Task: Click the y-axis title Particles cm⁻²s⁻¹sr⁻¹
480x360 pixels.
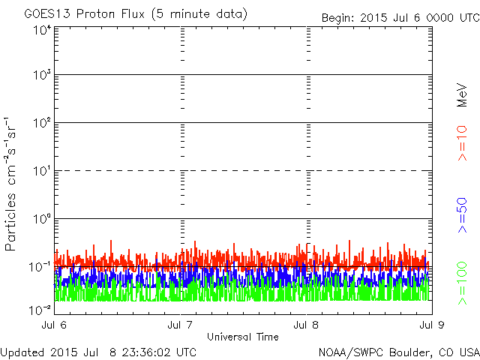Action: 10,184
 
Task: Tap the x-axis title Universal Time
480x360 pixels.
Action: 243,337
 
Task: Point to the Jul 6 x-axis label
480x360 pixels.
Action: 54,325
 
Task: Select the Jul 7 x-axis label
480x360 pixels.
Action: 180,325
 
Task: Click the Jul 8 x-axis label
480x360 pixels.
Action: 306,325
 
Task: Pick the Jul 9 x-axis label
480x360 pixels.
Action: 432,325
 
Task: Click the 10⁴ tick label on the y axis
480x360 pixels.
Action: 42,30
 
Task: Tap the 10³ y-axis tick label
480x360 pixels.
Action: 42,75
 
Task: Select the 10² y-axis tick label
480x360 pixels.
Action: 42,123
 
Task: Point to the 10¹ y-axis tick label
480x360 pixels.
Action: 42,171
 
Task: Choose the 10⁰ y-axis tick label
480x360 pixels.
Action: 42,218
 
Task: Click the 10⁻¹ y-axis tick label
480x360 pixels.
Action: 40,267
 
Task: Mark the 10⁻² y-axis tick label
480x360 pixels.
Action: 40,310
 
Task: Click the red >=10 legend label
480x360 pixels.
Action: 462,143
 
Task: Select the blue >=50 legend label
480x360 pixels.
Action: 462,215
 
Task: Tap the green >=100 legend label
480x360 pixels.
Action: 462,283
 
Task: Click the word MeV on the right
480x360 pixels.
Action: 462,95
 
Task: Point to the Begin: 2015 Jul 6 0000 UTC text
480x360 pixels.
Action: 400,18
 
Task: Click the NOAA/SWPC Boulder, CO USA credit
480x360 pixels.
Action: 399,352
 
